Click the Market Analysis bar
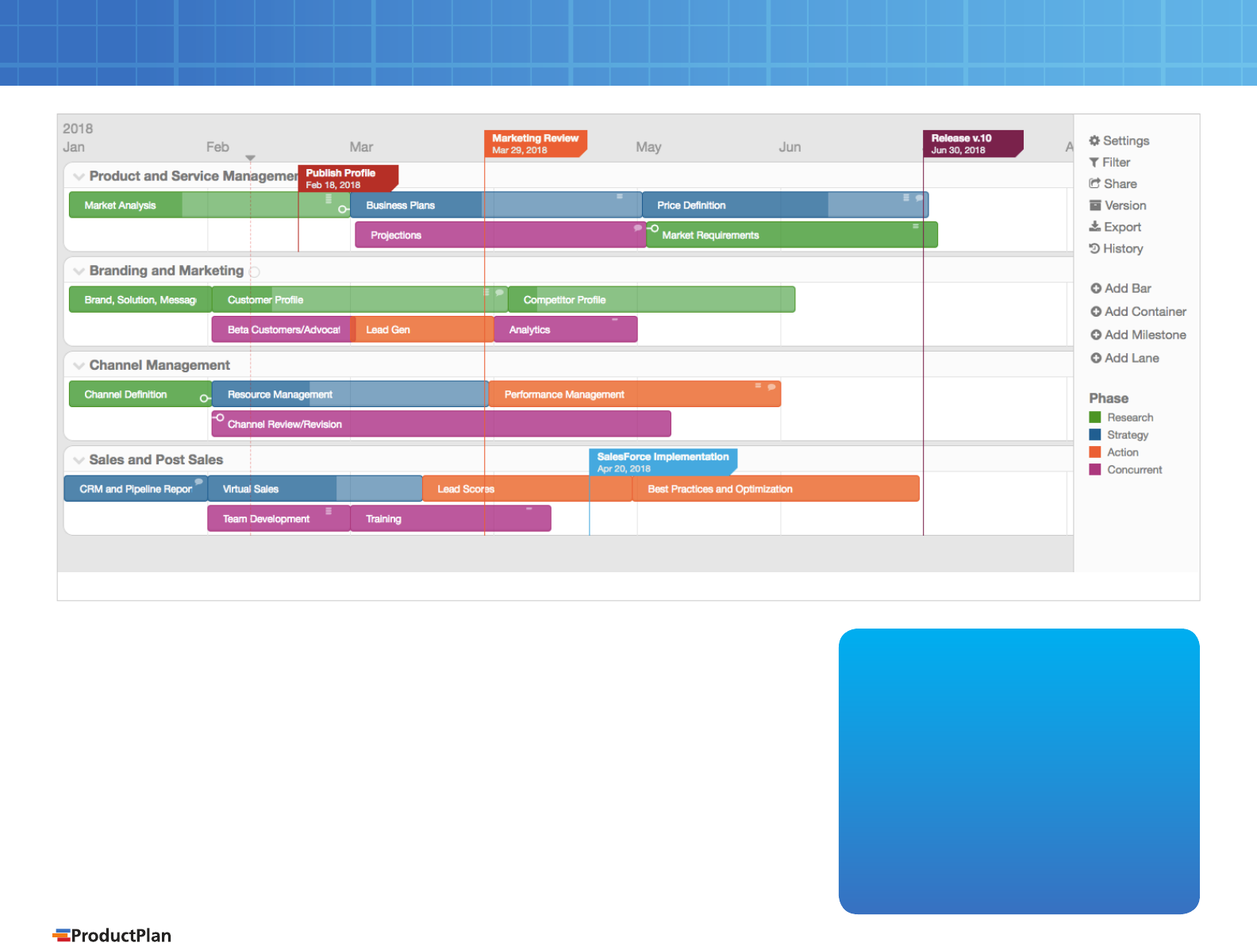tap(209, 205)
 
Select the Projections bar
tap(501, 235)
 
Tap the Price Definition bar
tap(785, 205)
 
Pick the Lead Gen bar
tap(423, 329)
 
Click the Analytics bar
tap(566, 329)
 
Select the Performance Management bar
tap(635, 394)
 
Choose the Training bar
tap(451, 518)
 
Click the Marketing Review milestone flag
tap(536, 144)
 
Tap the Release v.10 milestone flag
tap(973, 144)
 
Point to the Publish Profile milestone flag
tap(348, 179)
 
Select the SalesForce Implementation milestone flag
tap(663, 462)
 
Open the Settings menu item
tap(1119, 140)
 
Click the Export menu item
tap(1115, 227)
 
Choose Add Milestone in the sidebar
tap(1139, 335)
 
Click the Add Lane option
tap(1124, 359)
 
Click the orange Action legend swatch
tap(1095, 452)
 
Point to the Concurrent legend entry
tap(1126, 470)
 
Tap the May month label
tap(648, 147)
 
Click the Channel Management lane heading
tap(160, 365)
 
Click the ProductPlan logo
tap(112, 935)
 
